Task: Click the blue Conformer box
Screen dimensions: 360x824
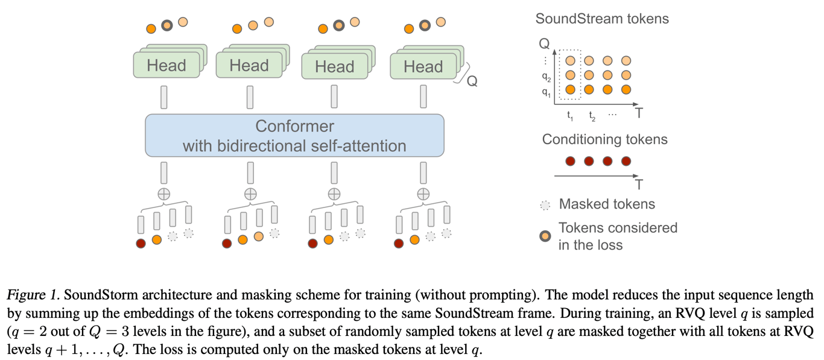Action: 294,136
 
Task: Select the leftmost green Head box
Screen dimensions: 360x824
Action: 166,65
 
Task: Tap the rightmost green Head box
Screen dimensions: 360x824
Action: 423,66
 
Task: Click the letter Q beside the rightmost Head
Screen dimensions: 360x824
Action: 472,82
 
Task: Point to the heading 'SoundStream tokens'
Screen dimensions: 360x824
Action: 602,19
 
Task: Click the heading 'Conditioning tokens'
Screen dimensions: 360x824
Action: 604,139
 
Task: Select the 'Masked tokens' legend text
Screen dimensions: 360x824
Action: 606,204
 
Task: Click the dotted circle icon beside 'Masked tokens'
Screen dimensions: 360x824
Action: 545,205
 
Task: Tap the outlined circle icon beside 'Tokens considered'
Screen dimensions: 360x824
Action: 545,236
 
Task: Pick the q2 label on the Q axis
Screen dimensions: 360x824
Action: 546,77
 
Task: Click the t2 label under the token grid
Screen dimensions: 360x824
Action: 592,116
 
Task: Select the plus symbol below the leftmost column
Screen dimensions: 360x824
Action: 163,194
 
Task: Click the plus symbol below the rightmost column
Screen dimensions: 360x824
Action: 423,194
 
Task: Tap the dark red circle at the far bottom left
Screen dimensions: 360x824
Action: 141,244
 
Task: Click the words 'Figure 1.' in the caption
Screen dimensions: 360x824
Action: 33,295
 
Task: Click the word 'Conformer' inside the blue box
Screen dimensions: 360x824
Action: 294,127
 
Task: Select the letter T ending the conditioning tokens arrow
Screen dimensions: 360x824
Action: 639,184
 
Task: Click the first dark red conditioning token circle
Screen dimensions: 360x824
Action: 571,161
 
